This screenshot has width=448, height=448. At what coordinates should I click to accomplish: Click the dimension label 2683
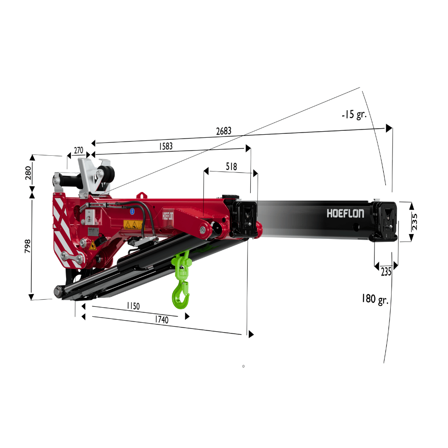coord(224,131)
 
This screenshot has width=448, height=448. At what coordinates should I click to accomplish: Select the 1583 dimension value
coord(166,146)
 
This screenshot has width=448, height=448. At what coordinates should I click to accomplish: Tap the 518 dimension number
coord(231,166)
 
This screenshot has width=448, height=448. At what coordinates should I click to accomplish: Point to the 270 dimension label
coord(79,150)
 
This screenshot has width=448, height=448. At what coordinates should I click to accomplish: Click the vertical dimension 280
coord(28,173)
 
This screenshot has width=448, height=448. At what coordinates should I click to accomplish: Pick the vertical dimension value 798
coord(28,246)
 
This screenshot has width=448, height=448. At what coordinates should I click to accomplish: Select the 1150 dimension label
coord(133,306)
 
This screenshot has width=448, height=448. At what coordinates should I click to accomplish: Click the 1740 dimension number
coord(162,319)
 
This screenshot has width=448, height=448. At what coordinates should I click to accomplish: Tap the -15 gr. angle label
coord(354,114)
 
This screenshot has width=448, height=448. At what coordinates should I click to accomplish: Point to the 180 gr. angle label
coord(375,299)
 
